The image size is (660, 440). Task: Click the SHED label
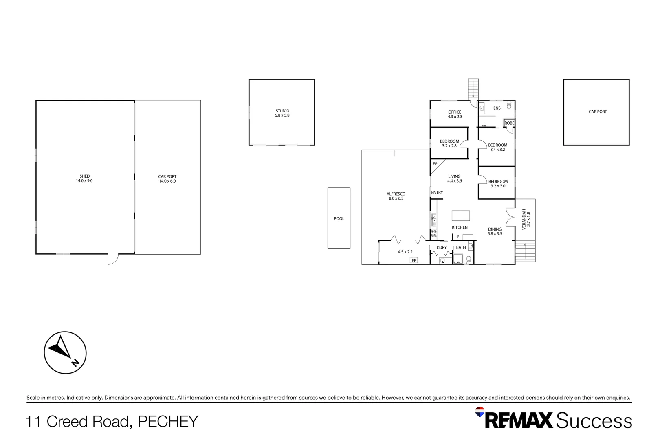click(84, 176)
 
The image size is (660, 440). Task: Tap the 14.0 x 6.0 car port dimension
click(167, 181)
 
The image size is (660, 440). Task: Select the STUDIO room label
click(282, 111)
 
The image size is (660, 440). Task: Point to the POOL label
click(339, 219)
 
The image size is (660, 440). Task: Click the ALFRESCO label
click(396, 194)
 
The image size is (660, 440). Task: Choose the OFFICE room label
click(455, 112)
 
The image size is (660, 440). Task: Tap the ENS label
click(497, 108)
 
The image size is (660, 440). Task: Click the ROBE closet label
click(509, 123)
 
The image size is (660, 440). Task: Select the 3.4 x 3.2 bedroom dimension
click(497, 150)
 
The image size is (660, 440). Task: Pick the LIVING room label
click(454, 176)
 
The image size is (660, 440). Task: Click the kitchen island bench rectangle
click(461, 216)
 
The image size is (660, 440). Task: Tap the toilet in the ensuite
click(509, 106)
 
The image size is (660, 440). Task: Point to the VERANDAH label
click(524, 219)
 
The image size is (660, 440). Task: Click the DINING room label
click(495, 229)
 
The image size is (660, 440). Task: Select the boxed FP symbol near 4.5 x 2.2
click(414, 260)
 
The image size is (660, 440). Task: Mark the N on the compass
click(75, 363)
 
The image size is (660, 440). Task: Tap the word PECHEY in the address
click(168, 422)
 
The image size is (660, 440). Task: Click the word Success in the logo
click(594, 420)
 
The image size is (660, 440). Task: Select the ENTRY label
click(437, 193)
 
